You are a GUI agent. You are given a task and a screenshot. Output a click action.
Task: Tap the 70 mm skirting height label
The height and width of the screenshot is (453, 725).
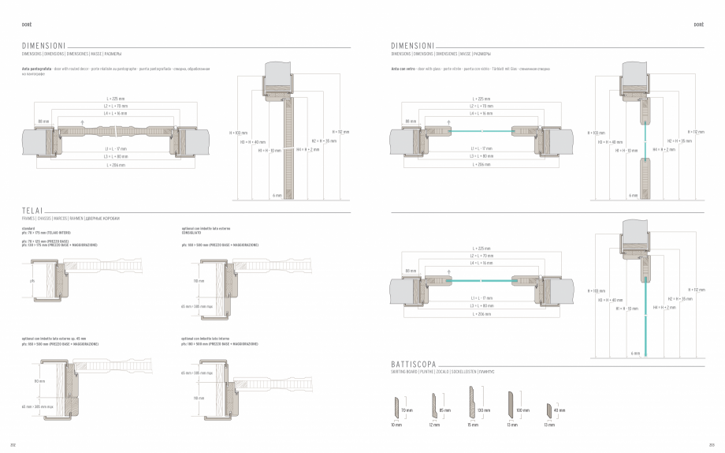tap(407, 411)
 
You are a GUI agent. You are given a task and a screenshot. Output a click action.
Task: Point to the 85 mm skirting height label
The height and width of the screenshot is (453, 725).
tap(445, 411)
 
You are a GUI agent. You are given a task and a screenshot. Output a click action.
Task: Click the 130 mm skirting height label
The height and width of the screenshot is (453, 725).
tap(483, 411)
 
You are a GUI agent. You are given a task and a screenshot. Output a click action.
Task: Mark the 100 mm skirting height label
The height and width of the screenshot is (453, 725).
tap(522, 411)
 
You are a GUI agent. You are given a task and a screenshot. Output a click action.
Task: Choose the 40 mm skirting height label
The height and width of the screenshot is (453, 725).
tap(560, 411)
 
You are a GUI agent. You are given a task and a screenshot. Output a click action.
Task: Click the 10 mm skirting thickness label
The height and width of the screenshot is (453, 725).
tap(396, 425)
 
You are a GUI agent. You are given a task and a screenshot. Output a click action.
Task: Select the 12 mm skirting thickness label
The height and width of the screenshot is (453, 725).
tap(434, 425)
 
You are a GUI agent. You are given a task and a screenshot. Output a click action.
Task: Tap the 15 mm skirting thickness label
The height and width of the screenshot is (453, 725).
tap(473, 425)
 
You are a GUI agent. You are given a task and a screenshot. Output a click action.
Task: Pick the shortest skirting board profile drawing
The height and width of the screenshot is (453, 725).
tap(548, 411)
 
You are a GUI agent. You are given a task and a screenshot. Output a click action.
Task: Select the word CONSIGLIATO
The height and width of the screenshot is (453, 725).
tap(191, 233)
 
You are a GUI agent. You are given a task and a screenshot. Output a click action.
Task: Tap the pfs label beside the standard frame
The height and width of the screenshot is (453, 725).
tap(32, 280)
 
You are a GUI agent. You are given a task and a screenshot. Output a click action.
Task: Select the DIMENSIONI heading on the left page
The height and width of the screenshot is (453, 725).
tap(43, 47)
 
